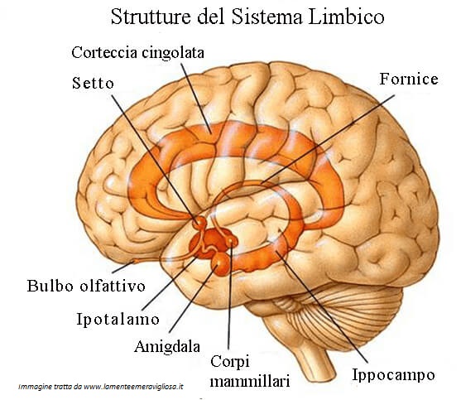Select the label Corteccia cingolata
click(x=138, y=53)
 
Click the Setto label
click(x=93, y=83)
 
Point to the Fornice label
click(x=409, y=79)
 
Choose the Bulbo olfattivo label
click(x=86, y=286)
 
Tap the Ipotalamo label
click(x=118, y=319)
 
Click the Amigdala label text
click(x=167, y=346)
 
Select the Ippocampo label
click(x=393, y=375)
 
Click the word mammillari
click(x=250, y=381)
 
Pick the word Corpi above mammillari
click(x=230, y=362)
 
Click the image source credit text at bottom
click(x=100, y=387)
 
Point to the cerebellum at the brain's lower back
click(x=347, y=315)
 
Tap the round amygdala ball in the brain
click(x=220, y=263)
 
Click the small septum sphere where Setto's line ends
click(x=200, y=222)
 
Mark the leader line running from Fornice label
click(x=327, y=140)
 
